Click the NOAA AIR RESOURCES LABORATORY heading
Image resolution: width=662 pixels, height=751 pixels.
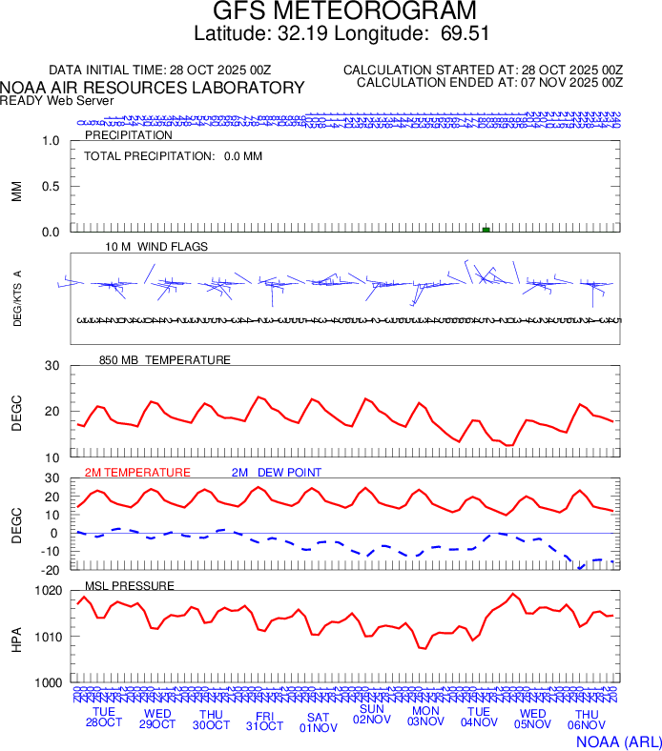click(153, 88)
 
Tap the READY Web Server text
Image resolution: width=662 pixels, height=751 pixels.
click(57, 100)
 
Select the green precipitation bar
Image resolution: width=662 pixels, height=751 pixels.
click(486, 230)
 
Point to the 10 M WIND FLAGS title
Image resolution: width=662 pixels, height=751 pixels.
click(156, 247)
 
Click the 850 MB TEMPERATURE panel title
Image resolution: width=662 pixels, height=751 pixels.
click(165, 360)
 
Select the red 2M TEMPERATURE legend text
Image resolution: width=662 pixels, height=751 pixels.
click(137, 473)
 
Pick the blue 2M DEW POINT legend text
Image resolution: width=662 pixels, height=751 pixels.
click(277, 473)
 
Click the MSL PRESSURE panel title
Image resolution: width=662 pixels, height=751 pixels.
click(130, 585)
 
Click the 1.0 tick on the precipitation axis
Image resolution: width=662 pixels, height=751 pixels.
click(51, 141)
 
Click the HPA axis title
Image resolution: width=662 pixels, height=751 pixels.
click(16, 637)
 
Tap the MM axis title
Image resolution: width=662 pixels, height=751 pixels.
click(16, 192)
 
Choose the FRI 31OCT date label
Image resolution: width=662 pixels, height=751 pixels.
click(264, 719)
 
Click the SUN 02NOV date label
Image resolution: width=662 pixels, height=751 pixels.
click(372, 715)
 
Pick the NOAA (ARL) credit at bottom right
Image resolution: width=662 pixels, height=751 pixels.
click(618, 740)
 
